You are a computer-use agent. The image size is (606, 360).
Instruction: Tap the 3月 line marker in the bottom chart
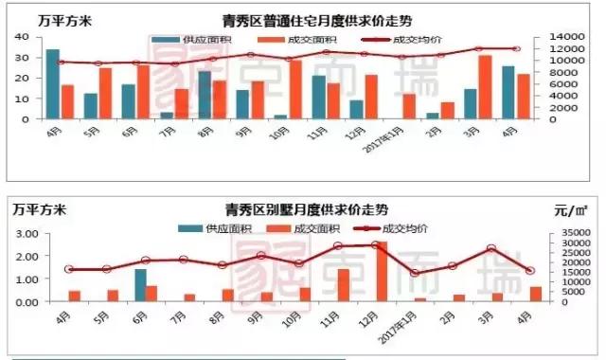(491, 248)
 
